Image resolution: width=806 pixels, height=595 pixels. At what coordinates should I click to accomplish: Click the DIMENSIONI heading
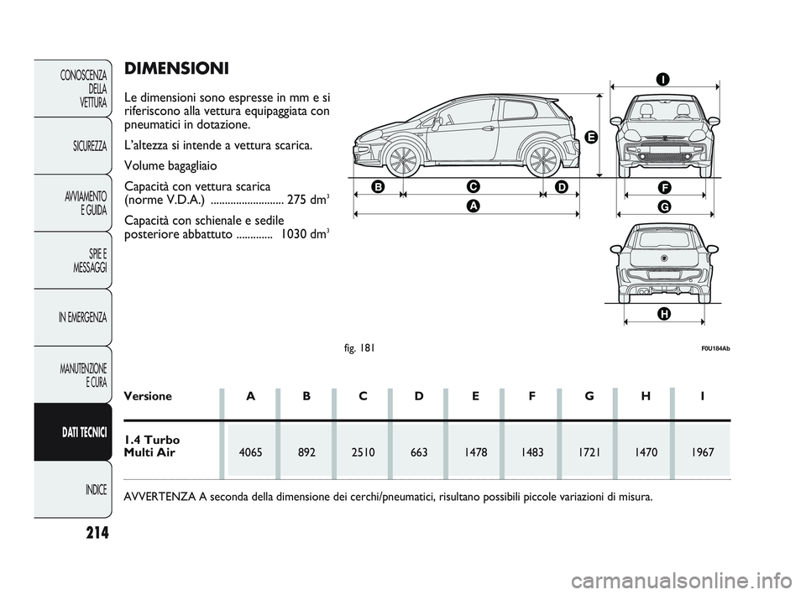coord(176,68)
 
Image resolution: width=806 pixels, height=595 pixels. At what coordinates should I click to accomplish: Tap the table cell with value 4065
coord(251,452)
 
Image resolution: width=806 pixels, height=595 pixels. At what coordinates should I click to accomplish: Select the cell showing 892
coord(307,452)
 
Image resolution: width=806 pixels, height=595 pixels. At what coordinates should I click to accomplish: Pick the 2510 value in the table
coord(363,452)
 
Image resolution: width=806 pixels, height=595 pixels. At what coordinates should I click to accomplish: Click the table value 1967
coord(702,452)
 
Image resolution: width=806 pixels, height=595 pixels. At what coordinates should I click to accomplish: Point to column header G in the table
coord(589,396)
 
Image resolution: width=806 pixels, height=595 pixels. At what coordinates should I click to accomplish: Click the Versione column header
coord(148,396)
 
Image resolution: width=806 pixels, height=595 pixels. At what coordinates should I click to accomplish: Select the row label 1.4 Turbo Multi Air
coord(152,446)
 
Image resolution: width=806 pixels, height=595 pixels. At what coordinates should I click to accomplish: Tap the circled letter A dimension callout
coord(473,206)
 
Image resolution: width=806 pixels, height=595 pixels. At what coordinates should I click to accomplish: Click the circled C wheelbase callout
coord(473,186)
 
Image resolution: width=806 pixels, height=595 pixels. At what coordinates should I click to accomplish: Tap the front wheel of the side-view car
coord(403,160)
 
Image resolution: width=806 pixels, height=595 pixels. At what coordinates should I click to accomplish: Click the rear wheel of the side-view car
coord(543,160)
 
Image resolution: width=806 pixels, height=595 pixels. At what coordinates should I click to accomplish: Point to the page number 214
coord(97,533)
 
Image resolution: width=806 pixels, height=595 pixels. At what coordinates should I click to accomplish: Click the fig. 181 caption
coord(359,348)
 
